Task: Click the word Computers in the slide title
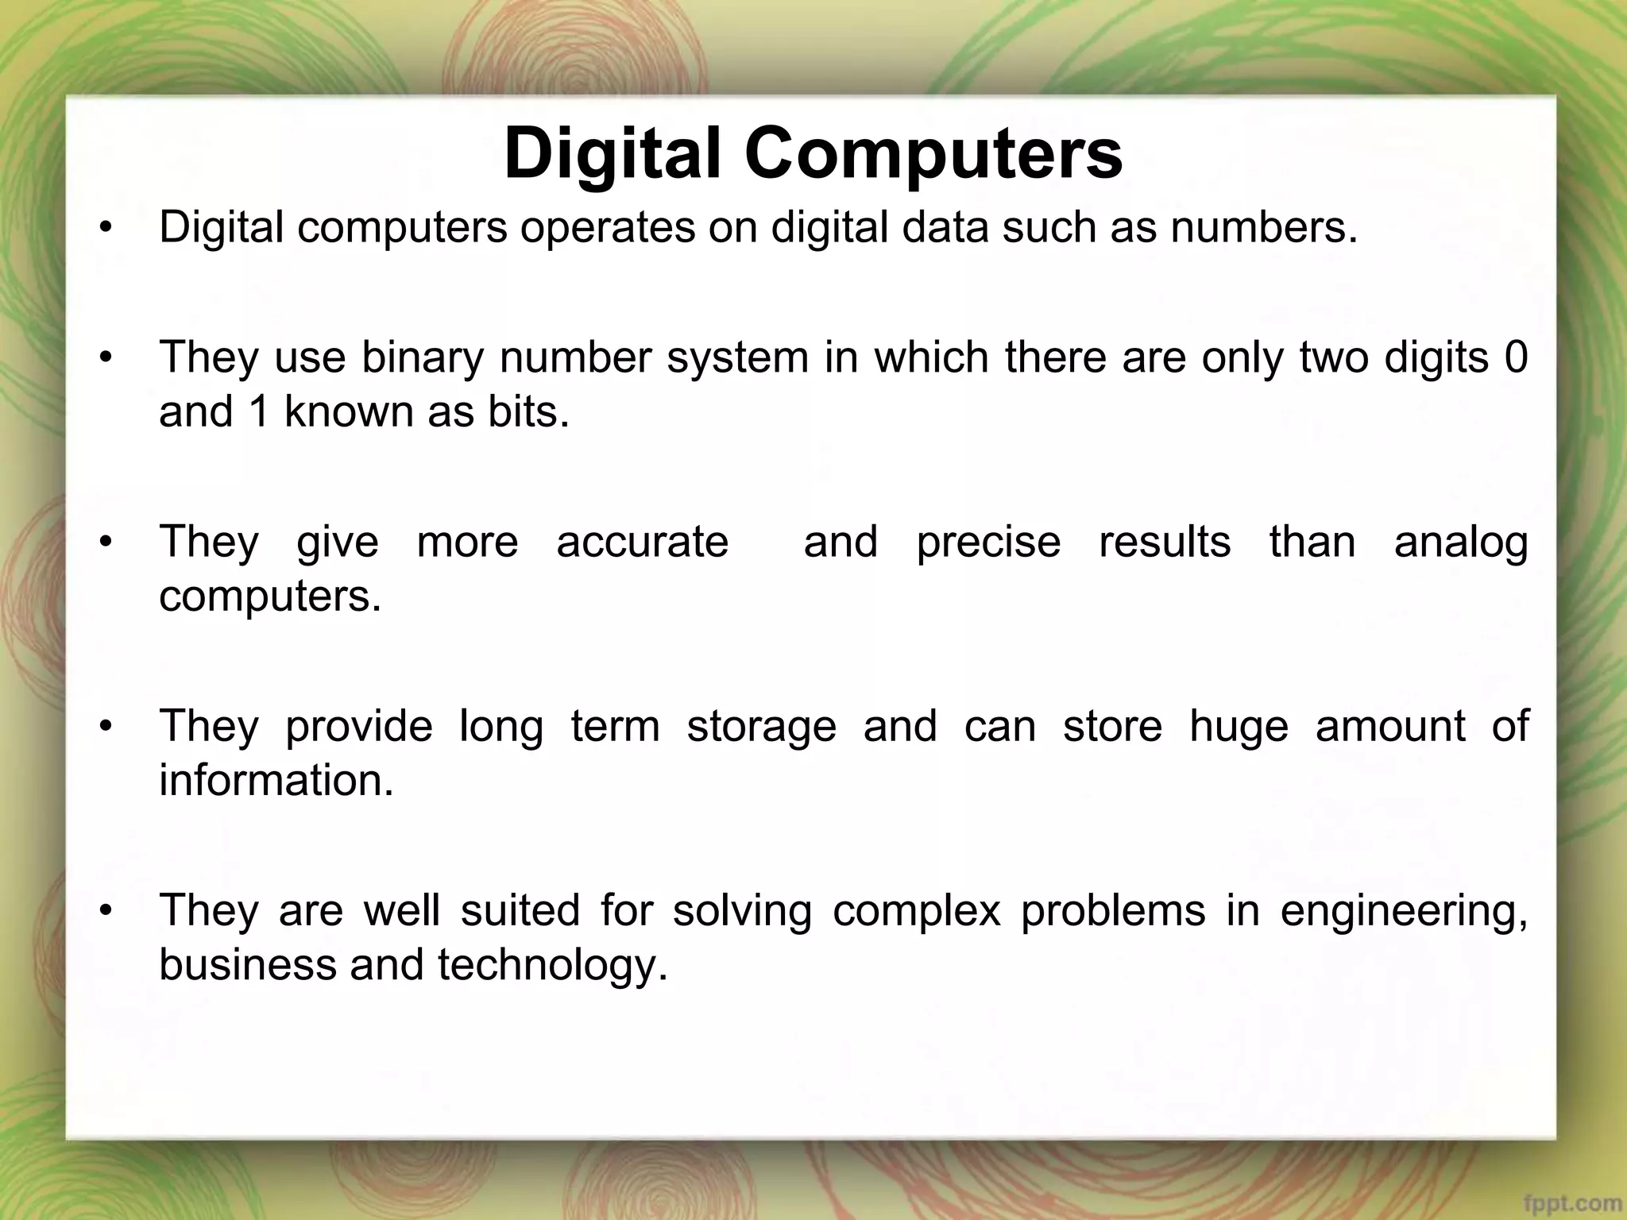933,155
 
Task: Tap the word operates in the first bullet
608,228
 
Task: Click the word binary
423,358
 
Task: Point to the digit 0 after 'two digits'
1516,357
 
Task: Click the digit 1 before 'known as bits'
259,412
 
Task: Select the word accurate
642,542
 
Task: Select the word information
276,781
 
